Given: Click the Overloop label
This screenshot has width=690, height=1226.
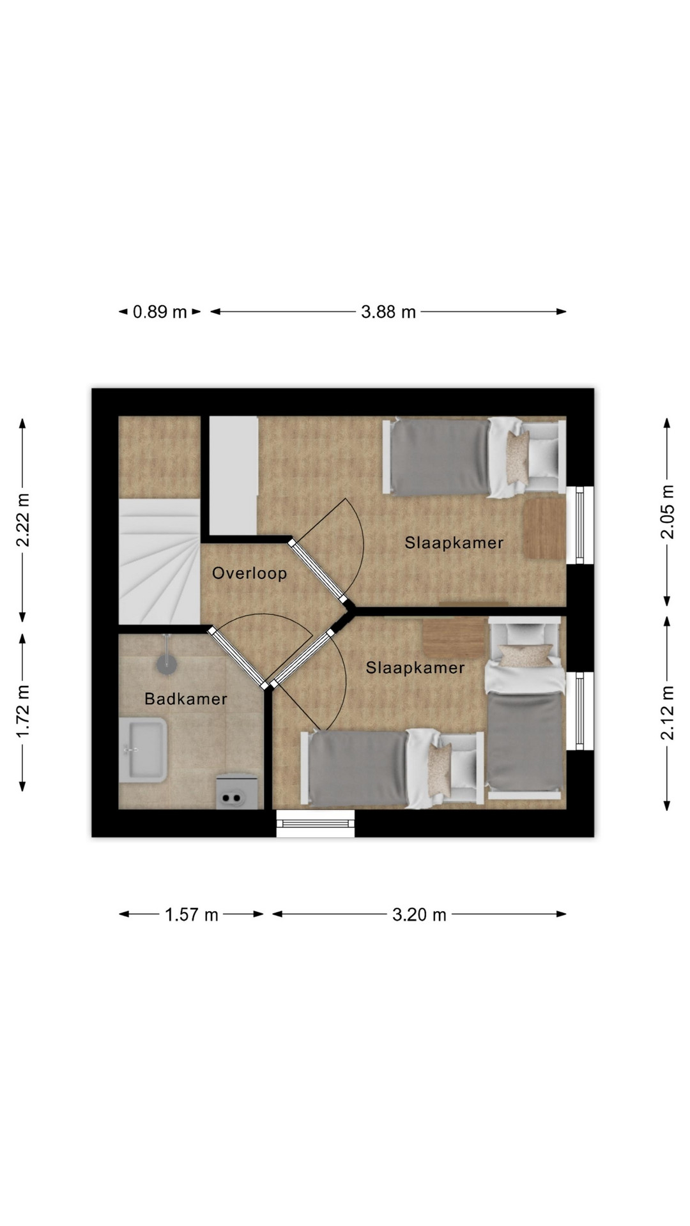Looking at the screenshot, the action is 249,573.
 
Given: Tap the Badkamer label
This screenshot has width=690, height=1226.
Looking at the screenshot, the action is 186,699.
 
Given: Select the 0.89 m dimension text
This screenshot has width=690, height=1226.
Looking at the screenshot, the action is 160,312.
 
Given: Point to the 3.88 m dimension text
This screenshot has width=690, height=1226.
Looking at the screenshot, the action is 388,312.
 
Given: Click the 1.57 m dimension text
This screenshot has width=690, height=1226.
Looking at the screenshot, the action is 192,914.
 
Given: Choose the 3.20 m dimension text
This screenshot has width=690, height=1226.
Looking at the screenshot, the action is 419,914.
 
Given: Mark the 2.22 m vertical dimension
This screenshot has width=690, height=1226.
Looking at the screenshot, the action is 23,520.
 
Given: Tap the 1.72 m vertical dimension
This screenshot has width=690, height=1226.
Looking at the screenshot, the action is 23,711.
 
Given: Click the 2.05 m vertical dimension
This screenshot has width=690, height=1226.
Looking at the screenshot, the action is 667,512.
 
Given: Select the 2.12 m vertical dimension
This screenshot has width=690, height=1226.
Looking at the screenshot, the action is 667,713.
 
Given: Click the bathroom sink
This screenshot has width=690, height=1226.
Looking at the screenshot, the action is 143,750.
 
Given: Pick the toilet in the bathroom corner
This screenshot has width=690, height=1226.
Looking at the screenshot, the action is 238,792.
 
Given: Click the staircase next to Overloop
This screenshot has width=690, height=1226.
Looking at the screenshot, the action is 160,561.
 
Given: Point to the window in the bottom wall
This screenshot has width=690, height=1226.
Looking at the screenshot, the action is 315,823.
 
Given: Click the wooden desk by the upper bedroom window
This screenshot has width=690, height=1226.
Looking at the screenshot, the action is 545,529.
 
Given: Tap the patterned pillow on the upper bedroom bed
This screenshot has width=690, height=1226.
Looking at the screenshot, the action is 518,458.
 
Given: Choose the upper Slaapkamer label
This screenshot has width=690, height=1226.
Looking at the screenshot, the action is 454,543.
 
